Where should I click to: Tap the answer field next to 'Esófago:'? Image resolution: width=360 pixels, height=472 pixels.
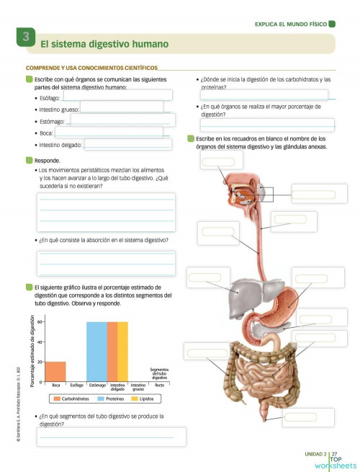tap(117, 95)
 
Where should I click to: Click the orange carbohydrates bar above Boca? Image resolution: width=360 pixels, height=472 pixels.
tap(55, 371)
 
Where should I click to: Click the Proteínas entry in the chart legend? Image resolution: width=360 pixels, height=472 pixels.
tap(105, 398)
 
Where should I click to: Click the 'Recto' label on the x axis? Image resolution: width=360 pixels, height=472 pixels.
tap(158, 386)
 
